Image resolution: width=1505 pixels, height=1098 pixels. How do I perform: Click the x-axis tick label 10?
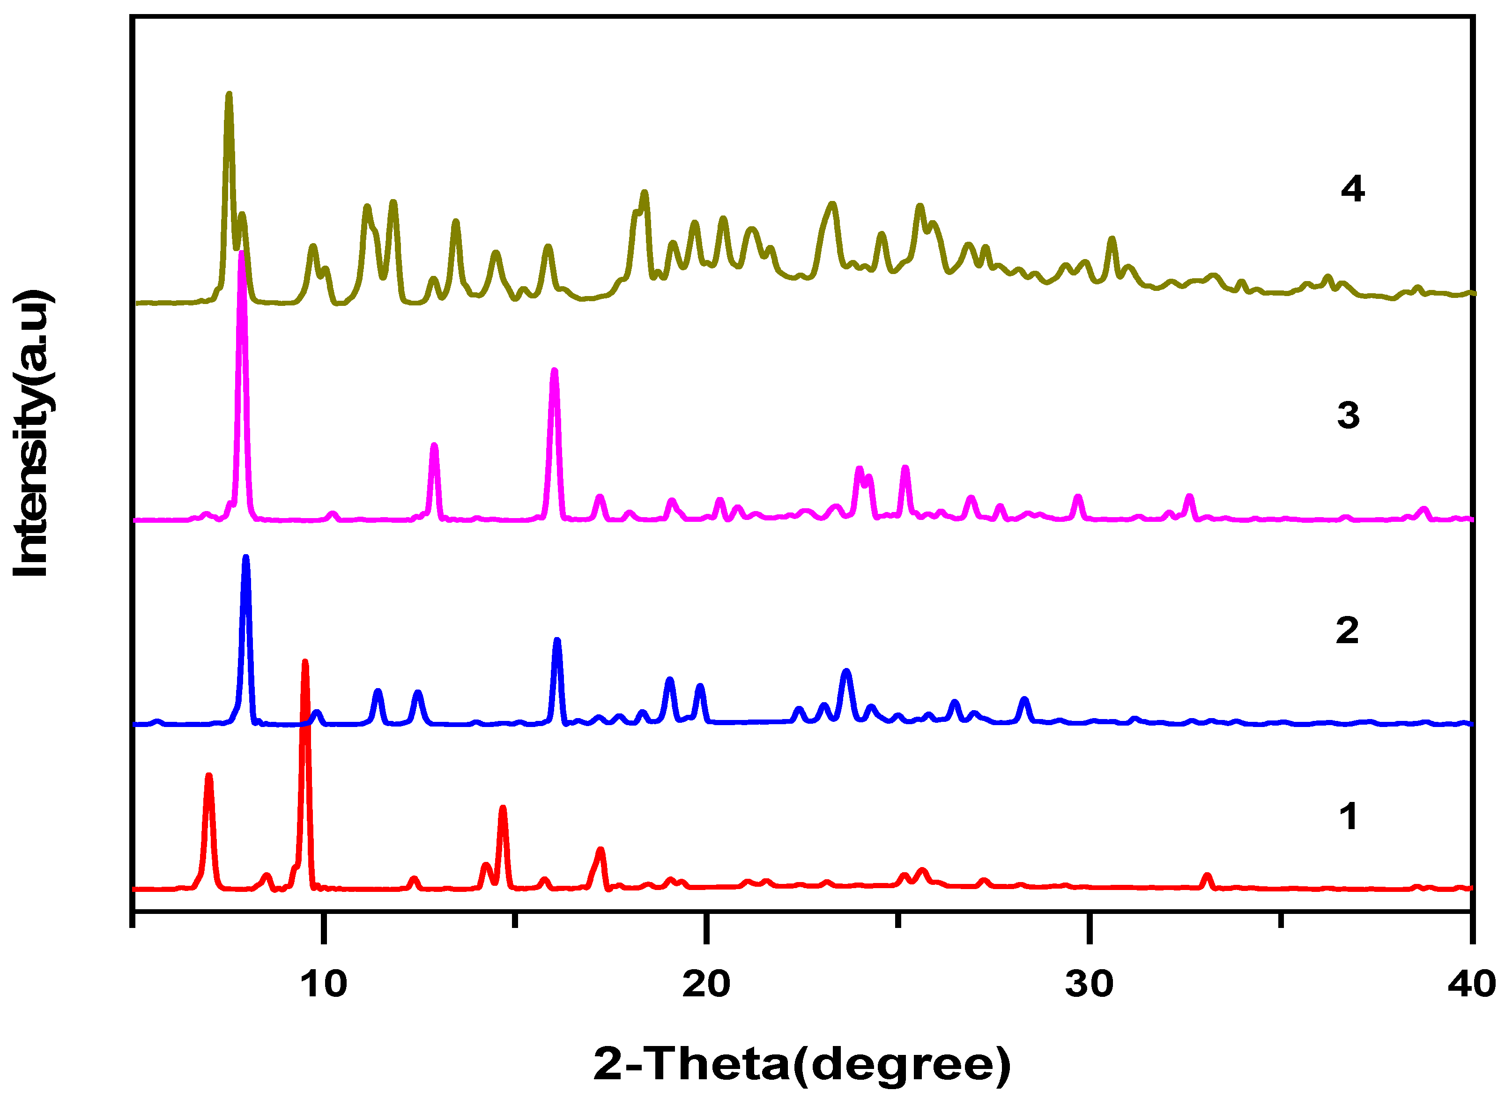pyautogui.click(x=324, y=984)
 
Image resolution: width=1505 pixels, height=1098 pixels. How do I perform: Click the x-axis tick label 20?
pyautogui.click(x=706, y=984)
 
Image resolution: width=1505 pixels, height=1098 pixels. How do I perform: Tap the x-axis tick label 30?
pyautogui.click(x=1089, y=984)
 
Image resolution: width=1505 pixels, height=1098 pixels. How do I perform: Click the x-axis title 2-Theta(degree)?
pyautogui.click(x=802, y=1063)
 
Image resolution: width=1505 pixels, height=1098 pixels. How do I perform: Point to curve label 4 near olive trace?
pyautogui.click(x=1352, y=189)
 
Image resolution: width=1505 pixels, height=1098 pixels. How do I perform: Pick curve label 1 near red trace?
pyautogui.click(x=1348, y=816)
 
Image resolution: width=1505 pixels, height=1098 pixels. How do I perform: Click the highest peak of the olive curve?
pyautogui.click(x=229, y=96)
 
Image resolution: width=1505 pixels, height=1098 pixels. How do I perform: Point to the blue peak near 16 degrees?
pyautogui.click(x=557, y=641)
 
